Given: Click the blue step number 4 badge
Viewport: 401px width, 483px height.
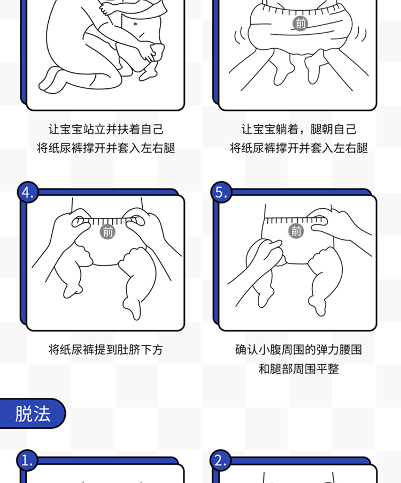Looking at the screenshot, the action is click(28, 192).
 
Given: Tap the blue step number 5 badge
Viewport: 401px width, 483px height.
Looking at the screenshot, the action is click(221, 192).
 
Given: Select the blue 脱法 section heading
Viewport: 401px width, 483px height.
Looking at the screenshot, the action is click(32, 413).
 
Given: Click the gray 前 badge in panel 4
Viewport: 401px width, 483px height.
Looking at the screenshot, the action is click(107, 232).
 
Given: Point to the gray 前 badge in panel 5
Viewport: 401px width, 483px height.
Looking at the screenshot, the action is click(296, 231).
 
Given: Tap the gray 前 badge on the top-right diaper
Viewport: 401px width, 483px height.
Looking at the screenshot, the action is click(300, 24).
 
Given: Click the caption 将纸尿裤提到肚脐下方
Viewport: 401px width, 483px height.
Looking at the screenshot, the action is click(106, 350).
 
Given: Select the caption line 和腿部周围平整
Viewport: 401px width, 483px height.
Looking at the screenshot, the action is click(298, 369).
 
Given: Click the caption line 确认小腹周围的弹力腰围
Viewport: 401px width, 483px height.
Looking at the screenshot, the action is click(298, 350).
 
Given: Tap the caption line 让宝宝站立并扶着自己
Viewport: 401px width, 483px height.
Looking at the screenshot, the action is click(106, 129).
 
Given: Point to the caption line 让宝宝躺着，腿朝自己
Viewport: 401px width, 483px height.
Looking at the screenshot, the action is click(298, 129).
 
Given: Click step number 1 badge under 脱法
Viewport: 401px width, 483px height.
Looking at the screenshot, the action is click(27, 461).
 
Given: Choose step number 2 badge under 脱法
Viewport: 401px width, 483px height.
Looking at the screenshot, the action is click(220, 461).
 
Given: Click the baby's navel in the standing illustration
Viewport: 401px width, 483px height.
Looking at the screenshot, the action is click(135, 24).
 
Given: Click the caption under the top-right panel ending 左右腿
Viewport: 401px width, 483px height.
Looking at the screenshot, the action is click(298, 148).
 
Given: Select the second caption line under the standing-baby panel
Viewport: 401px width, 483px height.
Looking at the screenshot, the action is click(106, 148).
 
